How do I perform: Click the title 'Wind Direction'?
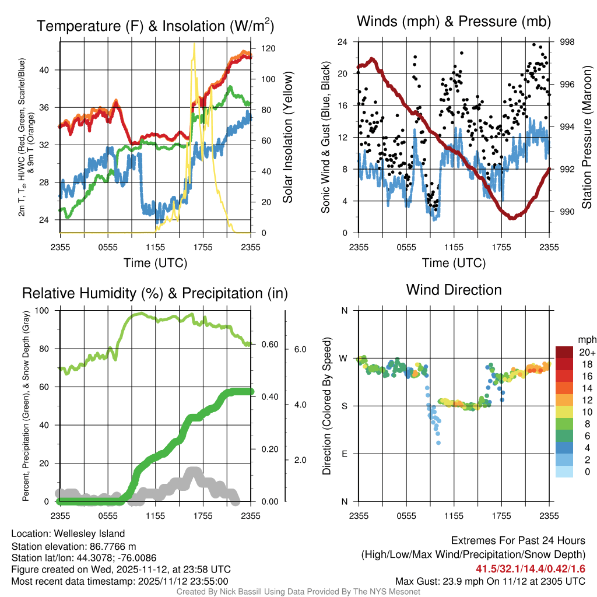point(454,290)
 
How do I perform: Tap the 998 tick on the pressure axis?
point(567,42)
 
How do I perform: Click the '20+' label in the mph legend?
point(587,352)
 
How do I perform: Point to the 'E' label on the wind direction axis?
point(345,454)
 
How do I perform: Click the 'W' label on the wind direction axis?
point(344,358)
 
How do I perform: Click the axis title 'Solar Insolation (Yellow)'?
point(287,137)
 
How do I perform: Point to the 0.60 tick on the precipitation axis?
point(269,344)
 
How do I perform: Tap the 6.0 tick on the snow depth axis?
point(300,349)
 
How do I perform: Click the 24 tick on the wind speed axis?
point(343,42)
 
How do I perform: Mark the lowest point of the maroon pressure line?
point(512,218)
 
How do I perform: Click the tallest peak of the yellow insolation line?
point(194,44)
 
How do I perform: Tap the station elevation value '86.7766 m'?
point(109,546)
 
